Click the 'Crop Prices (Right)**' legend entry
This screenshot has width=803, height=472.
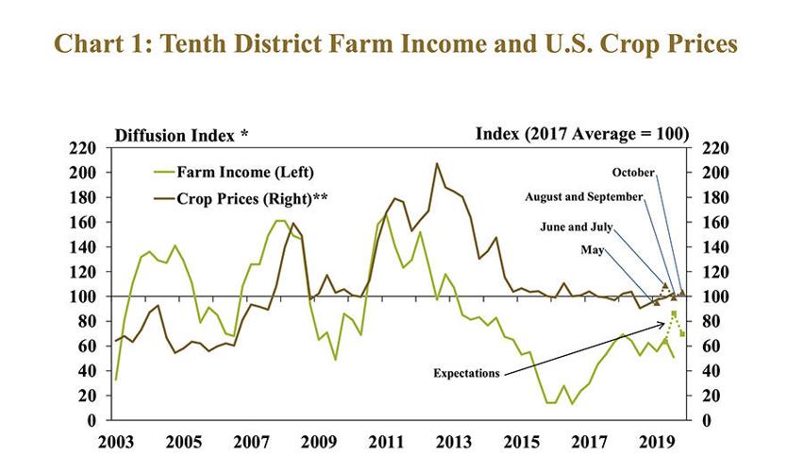251,198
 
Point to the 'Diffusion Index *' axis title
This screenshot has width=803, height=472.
181,134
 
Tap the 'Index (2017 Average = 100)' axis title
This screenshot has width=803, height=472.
581,133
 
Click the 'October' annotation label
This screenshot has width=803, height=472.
633,173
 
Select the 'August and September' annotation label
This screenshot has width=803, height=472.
584,197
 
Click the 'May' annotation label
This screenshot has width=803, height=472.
593,250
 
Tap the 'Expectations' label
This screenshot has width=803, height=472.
466,373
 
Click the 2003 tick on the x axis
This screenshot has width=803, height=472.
116,441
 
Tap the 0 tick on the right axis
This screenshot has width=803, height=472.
705,420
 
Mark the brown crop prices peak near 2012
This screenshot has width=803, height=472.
436,163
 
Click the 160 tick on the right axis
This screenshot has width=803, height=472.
712,223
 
